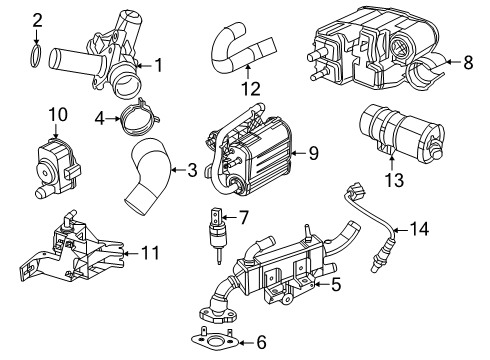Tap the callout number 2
tap(37, 19)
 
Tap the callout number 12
tap(253, 88)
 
